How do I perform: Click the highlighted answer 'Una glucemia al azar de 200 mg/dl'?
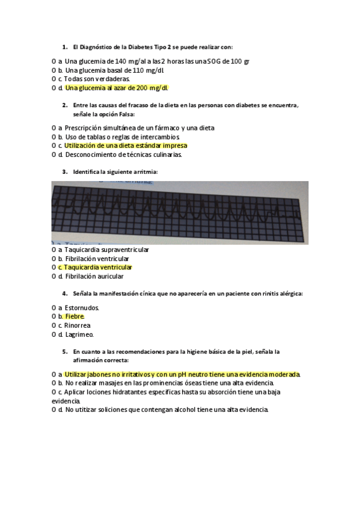(x=117, y=88)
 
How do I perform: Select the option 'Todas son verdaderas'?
(x=97, y=79)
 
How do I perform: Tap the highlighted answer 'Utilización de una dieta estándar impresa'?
(x=126, y=146)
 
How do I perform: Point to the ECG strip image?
(x=180, y=212)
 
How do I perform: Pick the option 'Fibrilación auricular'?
(x=94, y=277)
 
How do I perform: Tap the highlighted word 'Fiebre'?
(x=75, y=316)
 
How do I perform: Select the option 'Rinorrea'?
(x=77, y=325)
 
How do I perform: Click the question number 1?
(x=64, y=46)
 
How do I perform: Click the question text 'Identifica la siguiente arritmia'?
(x=115, y=171)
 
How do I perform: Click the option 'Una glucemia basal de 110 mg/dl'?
(x=114, y=70)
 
